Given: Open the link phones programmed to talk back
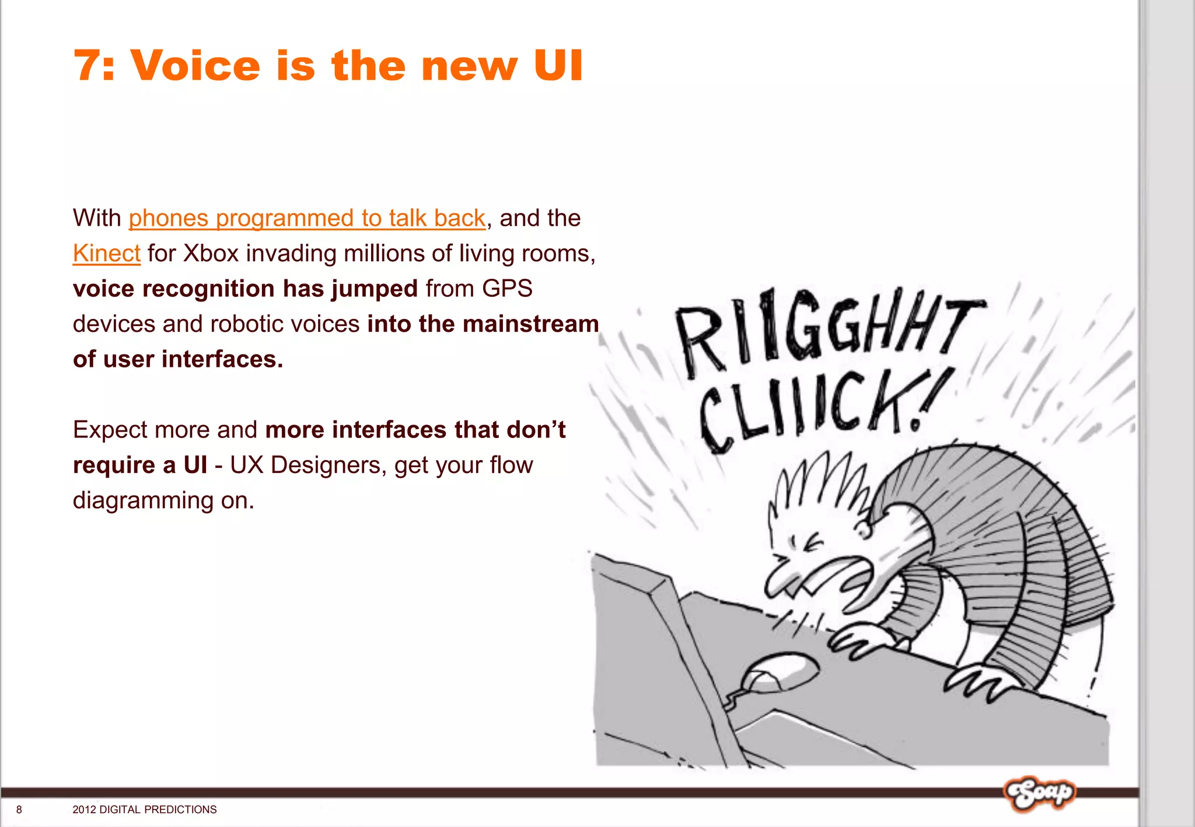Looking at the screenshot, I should tap(307, 219).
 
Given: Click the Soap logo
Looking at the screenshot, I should tap(1039, 793).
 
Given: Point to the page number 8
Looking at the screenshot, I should tap(19, 810).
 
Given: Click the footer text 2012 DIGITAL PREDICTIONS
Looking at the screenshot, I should tap(144, 810).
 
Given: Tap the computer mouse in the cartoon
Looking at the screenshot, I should tap(779, 672).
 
